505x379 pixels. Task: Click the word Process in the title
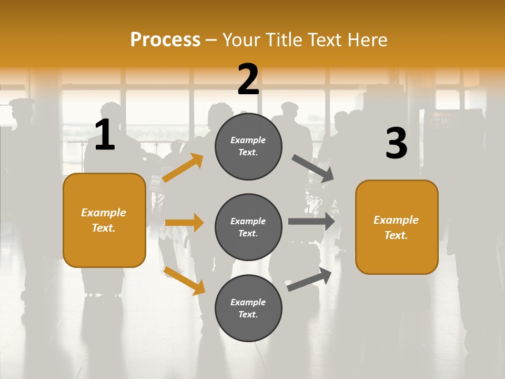[x=165, y=39]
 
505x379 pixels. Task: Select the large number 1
[x=105, y=135]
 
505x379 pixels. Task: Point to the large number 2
[x=248, y=79]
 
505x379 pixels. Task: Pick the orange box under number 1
[x=104, y=220]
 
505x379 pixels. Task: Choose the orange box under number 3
[x=397, y=227]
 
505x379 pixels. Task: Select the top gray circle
[x=248, y=146]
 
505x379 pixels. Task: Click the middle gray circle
[x=248, y=227]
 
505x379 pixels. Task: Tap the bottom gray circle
[x=248, y=308]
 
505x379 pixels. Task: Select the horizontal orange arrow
[x=184, y=223]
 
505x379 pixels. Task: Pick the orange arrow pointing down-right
[x=184, y=281]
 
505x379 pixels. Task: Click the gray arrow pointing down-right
[x=313, y=168]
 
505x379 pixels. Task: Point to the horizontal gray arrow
[x=311, y=222]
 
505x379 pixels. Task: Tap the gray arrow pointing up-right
[x=310, y=279]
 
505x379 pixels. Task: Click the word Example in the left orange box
[x=104, y=213]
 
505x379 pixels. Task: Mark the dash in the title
[x=211, y=41]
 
